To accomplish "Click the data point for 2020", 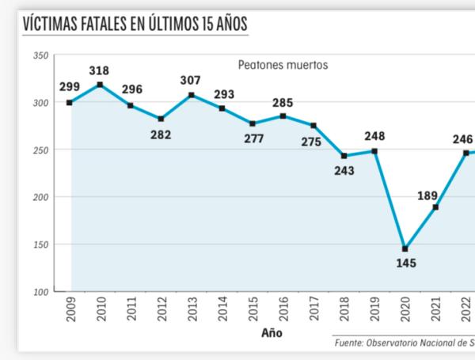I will [405, 248].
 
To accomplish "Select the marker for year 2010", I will [100, 85].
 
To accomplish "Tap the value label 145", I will [405, 263].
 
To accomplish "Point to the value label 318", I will [99, 70].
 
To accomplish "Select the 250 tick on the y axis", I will [40, 150].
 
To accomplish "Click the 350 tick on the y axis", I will [40, 56].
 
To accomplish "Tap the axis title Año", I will [272, 333].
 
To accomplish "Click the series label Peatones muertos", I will [283, 65].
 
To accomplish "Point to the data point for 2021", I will [435, 207].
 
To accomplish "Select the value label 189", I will [427, 195].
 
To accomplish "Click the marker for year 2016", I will [283, 116].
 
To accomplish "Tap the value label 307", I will [191, 81].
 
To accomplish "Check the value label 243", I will [344, 169].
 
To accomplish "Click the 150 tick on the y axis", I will [40, 244].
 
